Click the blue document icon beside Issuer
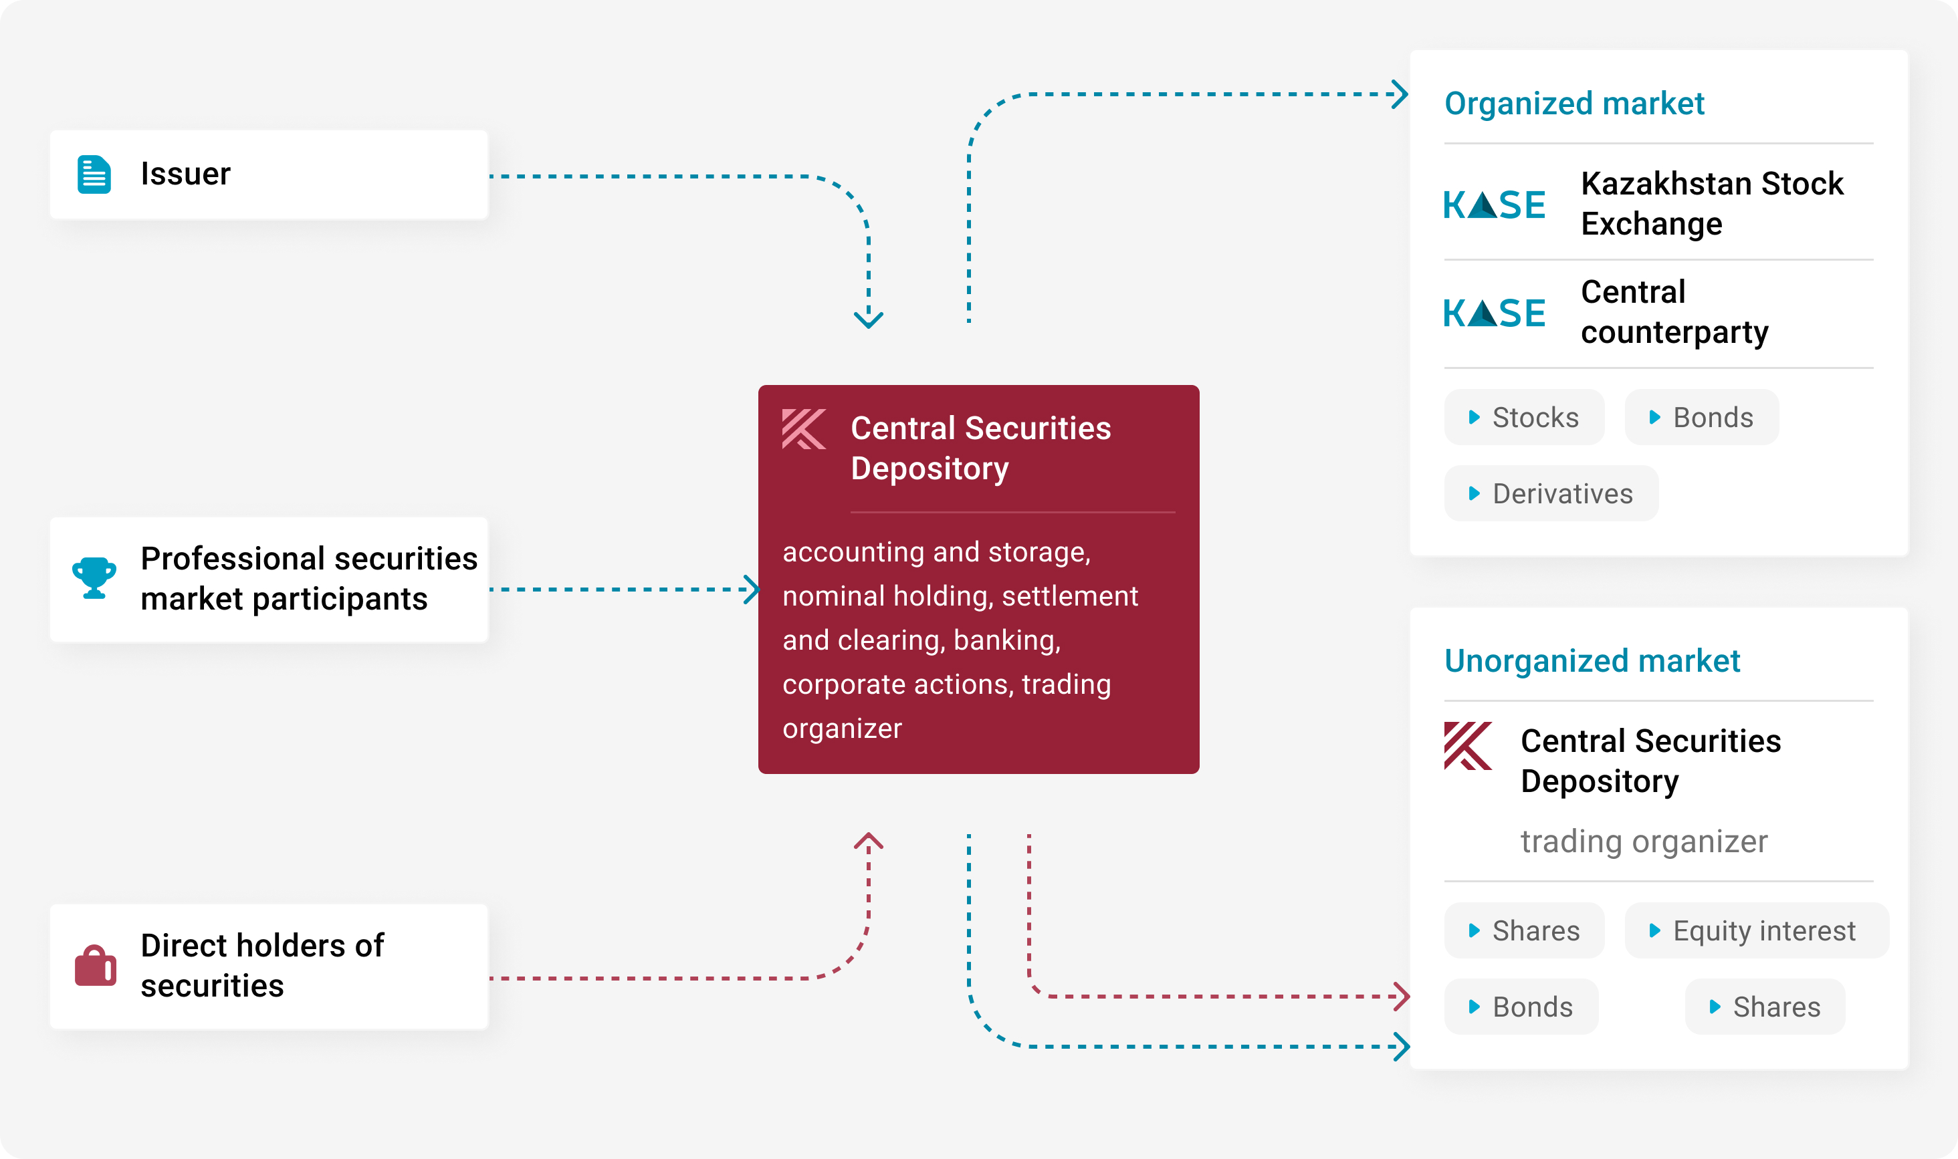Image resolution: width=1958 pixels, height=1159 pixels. (94, 174)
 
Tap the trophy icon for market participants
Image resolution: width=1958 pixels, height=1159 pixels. (94, 578)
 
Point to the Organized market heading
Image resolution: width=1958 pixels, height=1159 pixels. (1573, 103)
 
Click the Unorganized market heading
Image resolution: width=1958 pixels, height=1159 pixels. (1592, 661)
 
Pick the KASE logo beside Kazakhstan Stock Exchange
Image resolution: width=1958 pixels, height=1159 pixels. (1493, 205)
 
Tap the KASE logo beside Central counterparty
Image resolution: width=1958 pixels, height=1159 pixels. (1493, 313)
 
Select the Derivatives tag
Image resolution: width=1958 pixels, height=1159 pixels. (1551, 493)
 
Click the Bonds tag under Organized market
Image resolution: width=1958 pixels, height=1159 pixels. (1701, 417)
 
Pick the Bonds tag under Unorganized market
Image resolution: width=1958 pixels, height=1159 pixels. (1521, 1007)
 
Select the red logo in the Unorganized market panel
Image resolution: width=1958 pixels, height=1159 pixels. (1467, 746)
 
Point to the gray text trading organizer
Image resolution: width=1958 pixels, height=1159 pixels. (1643, 841)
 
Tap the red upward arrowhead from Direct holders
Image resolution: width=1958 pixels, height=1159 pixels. (868, 841)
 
